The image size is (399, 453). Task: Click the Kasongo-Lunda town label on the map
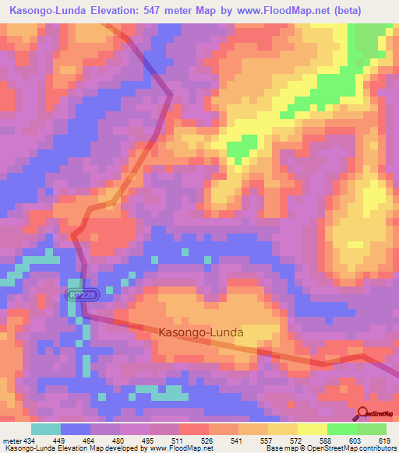point(201,332)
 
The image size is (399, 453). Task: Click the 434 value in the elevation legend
point(28,440)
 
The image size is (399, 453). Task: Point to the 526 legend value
point(208,440)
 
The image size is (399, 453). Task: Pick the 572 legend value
point(297,440)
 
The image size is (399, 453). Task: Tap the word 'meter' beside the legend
point(10,440)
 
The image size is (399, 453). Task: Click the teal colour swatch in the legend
point(45,429)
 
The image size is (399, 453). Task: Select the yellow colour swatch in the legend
point(312,429)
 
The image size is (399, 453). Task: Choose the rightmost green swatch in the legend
point(371,429)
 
